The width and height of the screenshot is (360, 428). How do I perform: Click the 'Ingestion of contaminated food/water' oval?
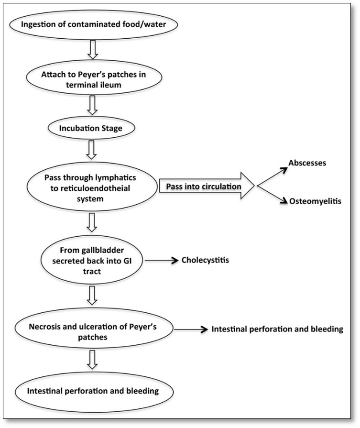pyautogui.click(x=94, y=24)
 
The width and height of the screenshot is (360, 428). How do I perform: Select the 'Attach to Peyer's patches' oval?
pyautogui.click(x=94, y=77)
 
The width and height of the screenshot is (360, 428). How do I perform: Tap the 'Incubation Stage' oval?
pyautogui.click(x=91, y=128)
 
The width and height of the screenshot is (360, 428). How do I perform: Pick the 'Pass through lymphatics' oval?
pyautogui.click(x=92, y=187)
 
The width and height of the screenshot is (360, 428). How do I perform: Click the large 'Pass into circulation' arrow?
pyautogui.click(x=207, y=186)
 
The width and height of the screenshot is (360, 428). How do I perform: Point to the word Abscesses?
pyautogui.click(x=307, y=163)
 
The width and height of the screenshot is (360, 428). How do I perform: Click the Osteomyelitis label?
pyautogui.click(x=315, y=201)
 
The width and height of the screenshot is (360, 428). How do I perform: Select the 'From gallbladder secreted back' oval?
pyautogui.click(x=92, y=260)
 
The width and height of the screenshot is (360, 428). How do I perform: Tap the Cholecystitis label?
pyautogui.click(x=205, y=260)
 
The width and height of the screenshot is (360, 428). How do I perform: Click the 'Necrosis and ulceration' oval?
pyautogui.click(x=94, y=330)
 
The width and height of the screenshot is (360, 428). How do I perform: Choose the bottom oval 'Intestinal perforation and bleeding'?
pyautogui.click(x=94, y=392)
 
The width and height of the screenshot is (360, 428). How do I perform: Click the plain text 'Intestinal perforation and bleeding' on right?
pyautogui.click(x=277, y=329)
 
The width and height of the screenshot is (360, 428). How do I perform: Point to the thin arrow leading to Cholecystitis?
pyautogui.click(x=161, y=261)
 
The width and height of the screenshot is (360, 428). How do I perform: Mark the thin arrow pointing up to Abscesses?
pyautogui.click(x=273, y=176)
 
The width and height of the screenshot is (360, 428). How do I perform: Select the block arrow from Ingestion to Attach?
pyautogui.click(x=93, y=49)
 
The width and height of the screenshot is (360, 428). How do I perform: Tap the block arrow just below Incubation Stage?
pyautogui.click(x=91, y=150)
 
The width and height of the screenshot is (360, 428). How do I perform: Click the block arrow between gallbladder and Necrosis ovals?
pyautogui.click(x=92, y=296)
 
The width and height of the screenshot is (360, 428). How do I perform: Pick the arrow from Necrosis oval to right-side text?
pyautogui.click(x=191, y=330)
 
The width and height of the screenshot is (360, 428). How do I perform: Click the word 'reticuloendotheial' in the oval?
pyautogui.click(x=90, y=188)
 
